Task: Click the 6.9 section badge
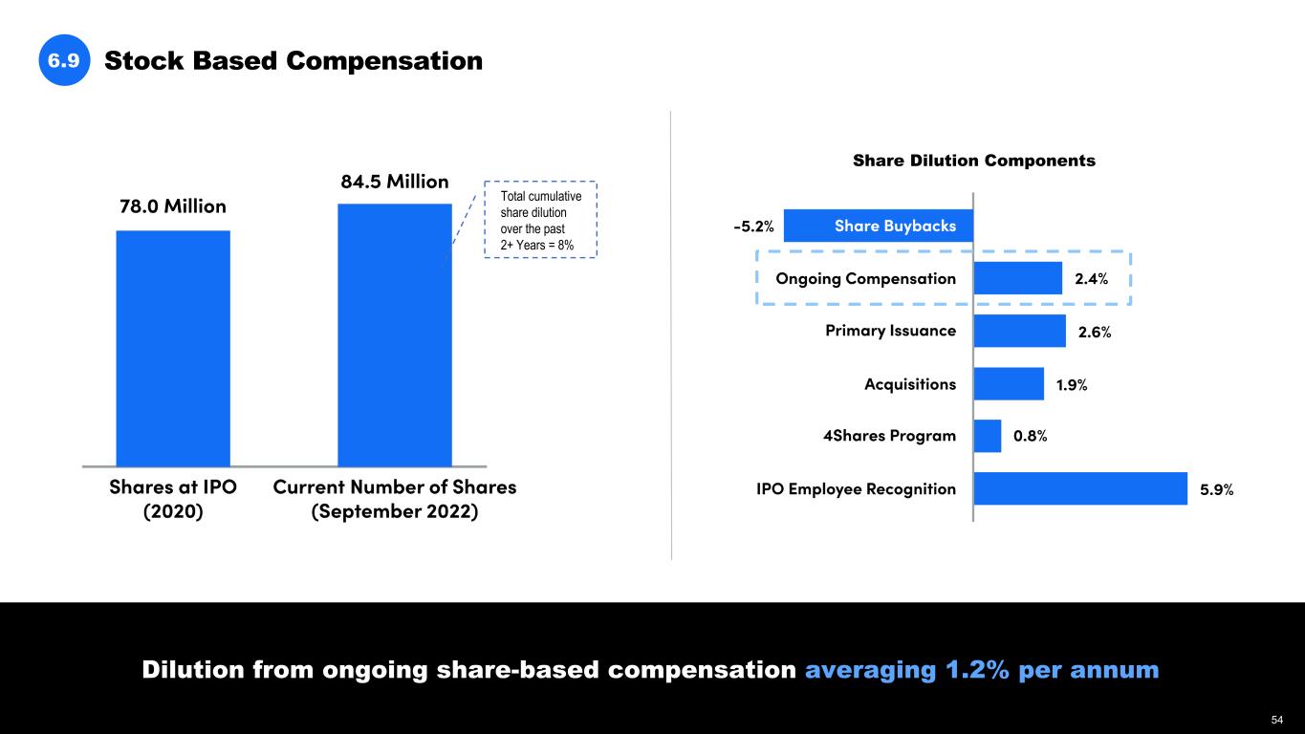[x=64, y=61]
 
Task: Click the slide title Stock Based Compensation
[x=293, y=61]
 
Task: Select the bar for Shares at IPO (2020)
[x=173, y=348]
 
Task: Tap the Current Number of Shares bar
[x=394, y=335]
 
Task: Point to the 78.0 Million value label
[x=173, y=206]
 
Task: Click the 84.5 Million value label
[x=394, y=181]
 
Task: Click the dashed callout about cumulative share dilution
[x=540, y=219]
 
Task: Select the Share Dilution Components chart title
[x=973, y=161]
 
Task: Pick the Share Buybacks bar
[x=878, y=226]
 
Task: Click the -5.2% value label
[x=753, y=227]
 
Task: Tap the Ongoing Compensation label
[x=865, y=278]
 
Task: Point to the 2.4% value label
[x=1091, y=279]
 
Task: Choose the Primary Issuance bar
[x=1019, y=331]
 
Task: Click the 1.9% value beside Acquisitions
[x=1071, y=384]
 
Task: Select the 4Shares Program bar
[x=987, y=436]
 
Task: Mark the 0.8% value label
[x=1030, y=436]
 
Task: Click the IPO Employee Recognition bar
[x=1079, y=488]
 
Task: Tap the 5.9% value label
[x=1216, y=489]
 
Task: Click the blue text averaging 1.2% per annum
[x=982, y=670]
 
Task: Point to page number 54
[x=1277, y=719]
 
